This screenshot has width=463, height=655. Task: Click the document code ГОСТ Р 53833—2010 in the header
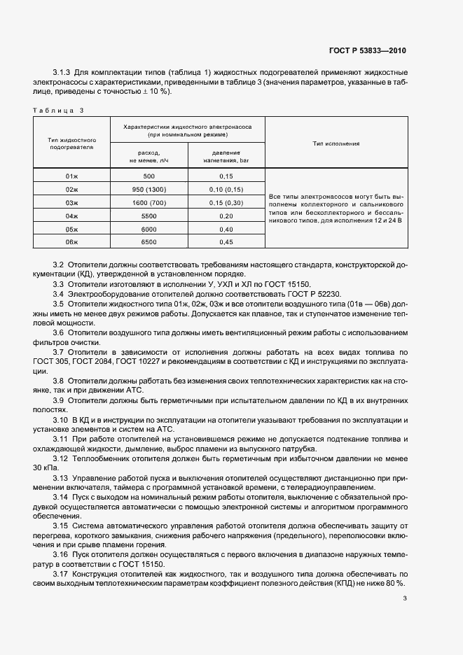[x=367, y=51]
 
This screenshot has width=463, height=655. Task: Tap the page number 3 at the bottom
[x=404, y=597]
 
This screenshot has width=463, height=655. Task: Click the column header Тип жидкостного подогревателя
[x=71, y=143]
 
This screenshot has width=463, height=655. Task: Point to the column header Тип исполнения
[x=336, y=143]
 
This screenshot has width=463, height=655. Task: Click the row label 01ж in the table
[x=71, y=177]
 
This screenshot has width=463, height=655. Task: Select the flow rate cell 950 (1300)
[x=148, y=190]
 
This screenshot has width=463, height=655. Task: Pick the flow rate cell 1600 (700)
[x=148, y=203]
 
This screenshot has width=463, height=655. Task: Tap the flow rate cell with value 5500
[x=148, y=216]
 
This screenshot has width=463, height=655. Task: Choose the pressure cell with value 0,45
[x=226, y=242]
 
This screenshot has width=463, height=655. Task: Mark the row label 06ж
[x=71, y=242]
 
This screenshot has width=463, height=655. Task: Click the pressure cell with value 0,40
[x=226, y=230]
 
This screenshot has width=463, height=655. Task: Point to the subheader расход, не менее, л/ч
[x=148, y=156]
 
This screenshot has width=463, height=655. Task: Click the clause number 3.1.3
[x=63, y=73]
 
